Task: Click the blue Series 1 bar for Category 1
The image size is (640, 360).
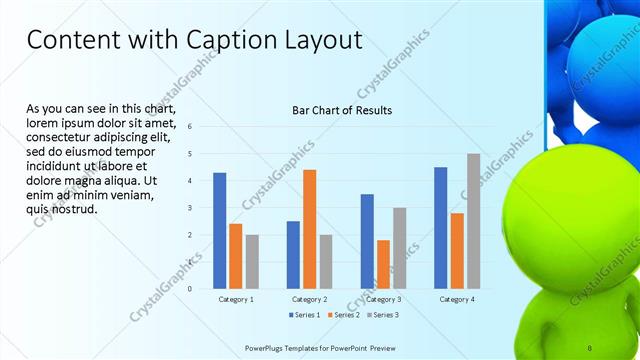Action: click(219, 231)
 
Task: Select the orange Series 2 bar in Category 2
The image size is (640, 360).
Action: click(309, 229)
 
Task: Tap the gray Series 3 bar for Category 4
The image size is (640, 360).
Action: click(473, 221)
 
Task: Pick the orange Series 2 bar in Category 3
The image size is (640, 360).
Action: click(383, 264)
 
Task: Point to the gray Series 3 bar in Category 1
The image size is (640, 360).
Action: click(252, 262)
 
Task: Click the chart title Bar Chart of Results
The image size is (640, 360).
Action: click(341, 110)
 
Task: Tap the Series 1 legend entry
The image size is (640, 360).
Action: click(305, 315)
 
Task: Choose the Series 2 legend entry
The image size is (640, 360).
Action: click(343, 315)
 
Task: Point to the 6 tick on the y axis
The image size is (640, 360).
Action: click(191, 127)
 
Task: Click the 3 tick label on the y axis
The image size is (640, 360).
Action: click(191, 208)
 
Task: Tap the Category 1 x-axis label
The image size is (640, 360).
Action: click(236, 299)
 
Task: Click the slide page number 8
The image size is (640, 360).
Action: click(589, 347)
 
